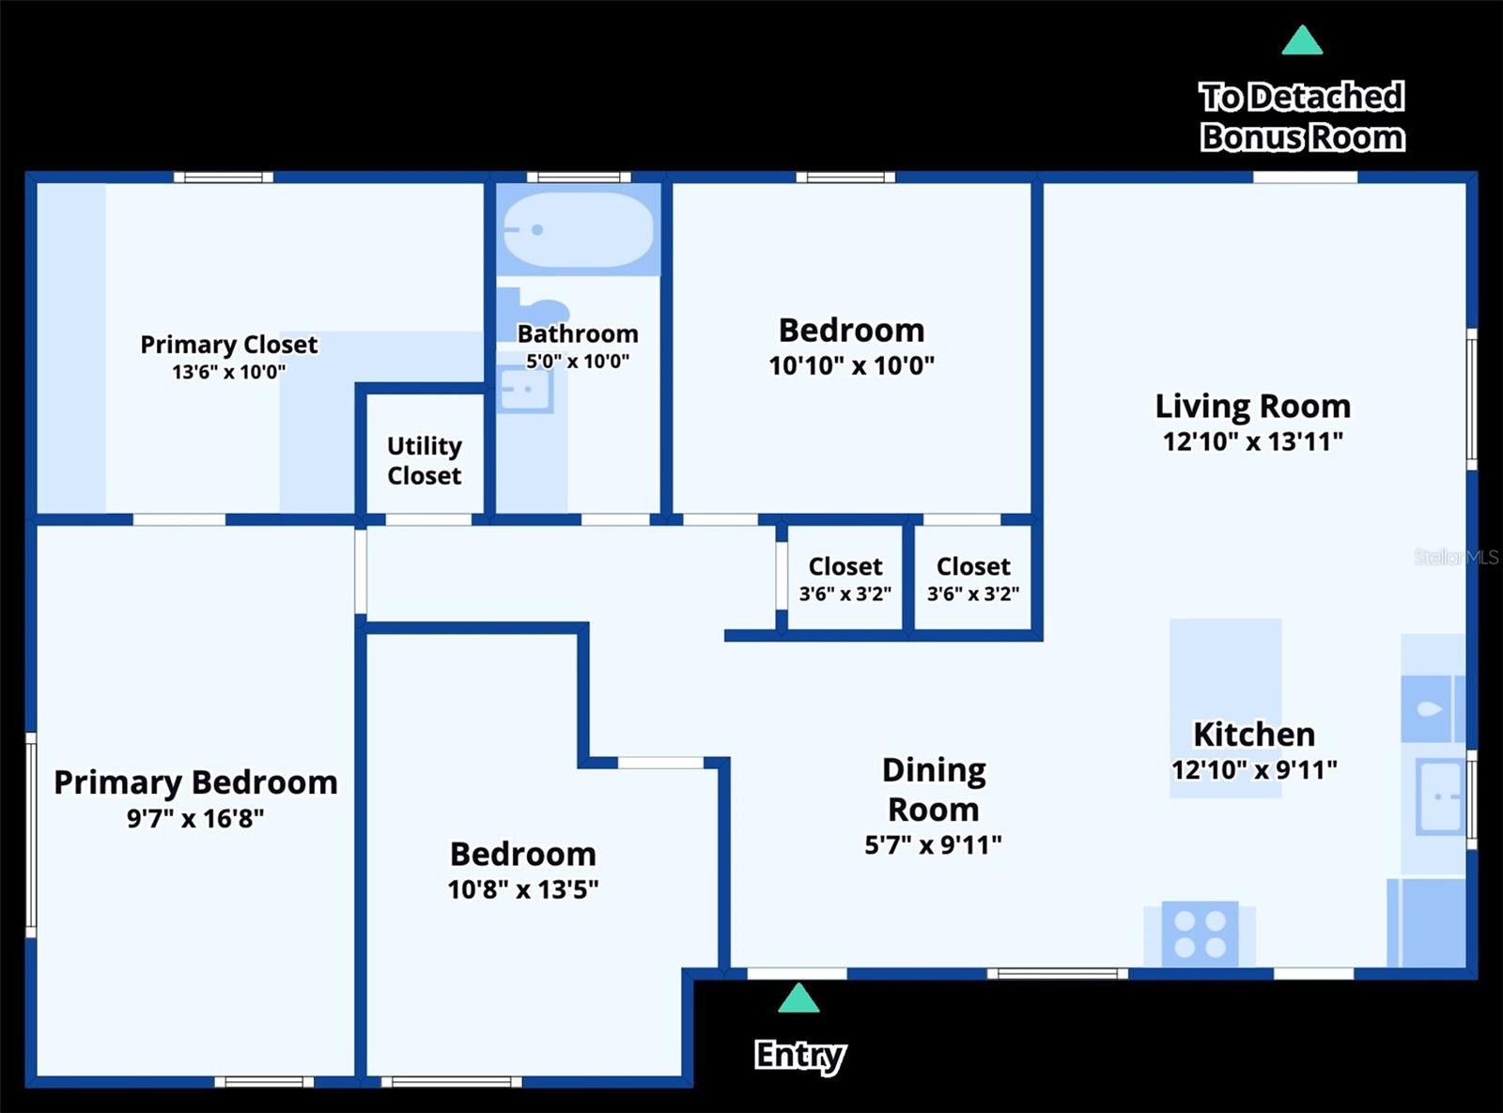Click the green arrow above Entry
798,998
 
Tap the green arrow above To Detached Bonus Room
1302,41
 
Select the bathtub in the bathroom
578,230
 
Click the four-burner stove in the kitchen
1200,934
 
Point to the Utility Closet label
425,460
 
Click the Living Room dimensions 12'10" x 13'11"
1252,441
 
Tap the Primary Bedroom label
195,781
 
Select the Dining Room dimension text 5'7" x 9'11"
933,845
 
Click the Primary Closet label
228,345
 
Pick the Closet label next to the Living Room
973,566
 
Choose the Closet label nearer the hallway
845,566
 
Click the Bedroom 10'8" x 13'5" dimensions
522,889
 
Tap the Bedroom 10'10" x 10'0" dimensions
851,366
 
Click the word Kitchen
1253,734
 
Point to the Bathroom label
577,333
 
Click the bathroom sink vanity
524,391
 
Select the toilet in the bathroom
535,308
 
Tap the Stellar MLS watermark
1456,557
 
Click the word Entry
799,1055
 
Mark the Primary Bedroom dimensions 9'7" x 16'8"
195,819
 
